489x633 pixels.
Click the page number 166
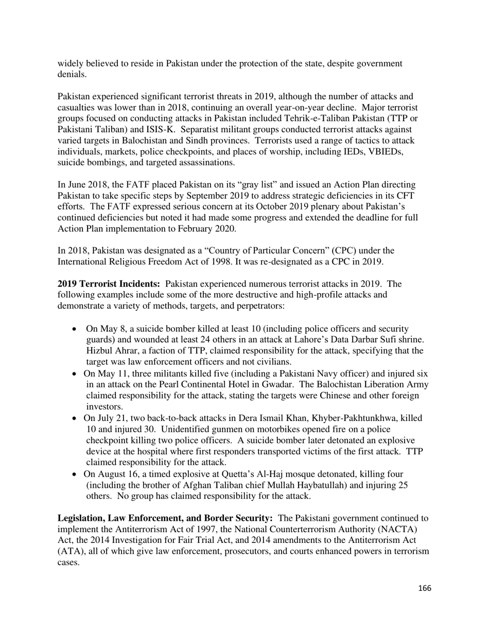point(425,588)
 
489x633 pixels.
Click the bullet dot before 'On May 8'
point(76,328)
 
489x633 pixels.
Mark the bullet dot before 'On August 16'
point(76,473)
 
